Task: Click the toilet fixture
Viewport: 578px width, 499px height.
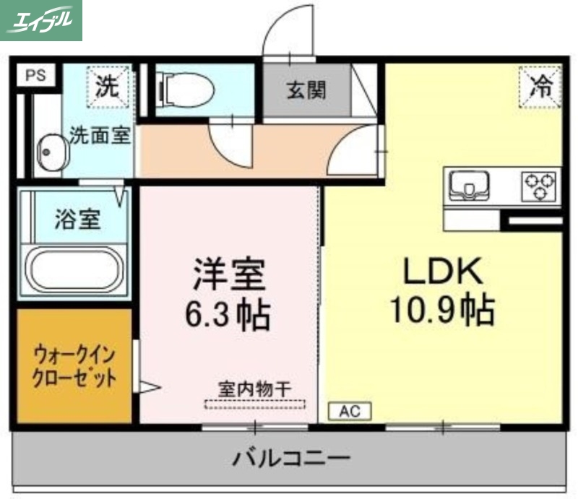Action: [x=186, y=90]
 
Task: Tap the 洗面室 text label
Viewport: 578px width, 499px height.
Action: [x=100, y=136]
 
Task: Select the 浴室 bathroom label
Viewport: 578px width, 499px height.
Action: [x=77, y=220]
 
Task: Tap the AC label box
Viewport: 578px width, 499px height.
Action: [x=350, y=412]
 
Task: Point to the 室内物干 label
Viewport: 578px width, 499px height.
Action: [x=255, y=389]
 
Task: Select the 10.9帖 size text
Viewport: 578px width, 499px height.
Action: [x=441, y=311]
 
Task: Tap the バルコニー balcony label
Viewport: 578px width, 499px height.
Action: [x=291, y=458]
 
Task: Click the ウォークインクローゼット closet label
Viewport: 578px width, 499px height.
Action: [x=74, y=367]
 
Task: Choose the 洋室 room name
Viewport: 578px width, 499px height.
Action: [x=228, y=275]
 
